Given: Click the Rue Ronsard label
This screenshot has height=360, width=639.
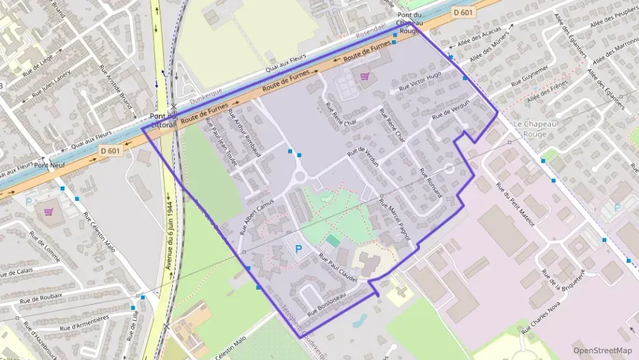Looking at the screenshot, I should point(431,182).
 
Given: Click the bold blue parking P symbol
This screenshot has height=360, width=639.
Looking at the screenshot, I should point(298,251).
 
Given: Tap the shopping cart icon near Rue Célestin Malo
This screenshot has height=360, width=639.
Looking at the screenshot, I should point(48,212).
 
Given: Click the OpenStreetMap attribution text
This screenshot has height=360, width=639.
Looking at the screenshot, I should point(602,350).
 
